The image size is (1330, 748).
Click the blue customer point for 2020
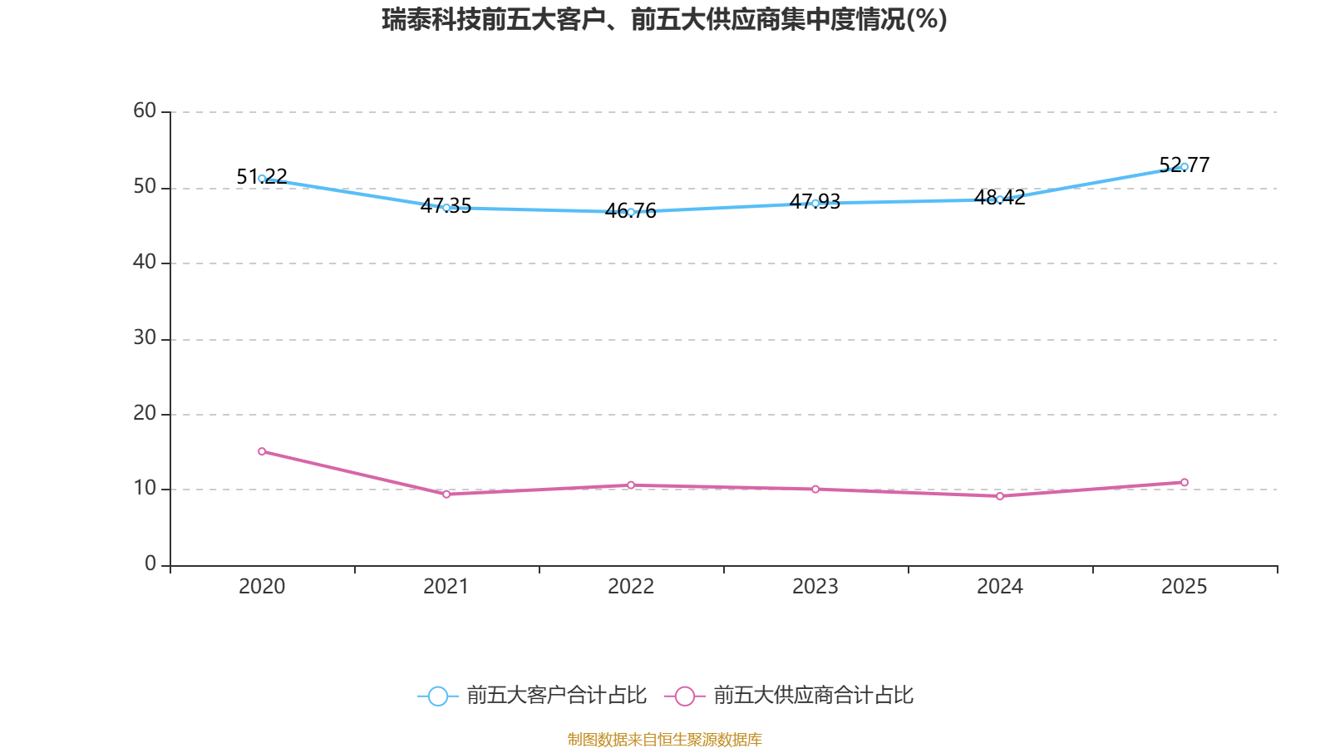tap(262, 179)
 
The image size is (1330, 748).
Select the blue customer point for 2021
tap(446, 207)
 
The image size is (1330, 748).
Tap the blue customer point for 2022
tap(631, 212)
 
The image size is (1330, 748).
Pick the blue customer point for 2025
tap(1185, 166)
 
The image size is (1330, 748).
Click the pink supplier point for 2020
tap(262, 451)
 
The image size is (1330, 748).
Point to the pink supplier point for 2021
tap(446, 494)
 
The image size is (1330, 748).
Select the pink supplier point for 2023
tap(815, 489)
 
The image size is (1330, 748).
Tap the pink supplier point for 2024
tap(1000, 495)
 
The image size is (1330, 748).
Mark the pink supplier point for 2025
tap(1185, 482)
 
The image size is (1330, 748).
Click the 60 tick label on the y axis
tap(145, 111)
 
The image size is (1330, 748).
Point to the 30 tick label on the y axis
tap(145, 337)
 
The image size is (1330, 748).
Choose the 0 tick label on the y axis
tap(150, 563)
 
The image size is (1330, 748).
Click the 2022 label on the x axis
tap(631, 587)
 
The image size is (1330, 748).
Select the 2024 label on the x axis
tap(1000, 587)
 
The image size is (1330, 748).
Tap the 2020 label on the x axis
tap(262, 587)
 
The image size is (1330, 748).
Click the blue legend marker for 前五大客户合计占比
tap(438, 696)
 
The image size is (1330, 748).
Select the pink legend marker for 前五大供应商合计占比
tap(685, 696)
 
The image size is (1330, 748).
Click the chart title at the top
tap(664, 19)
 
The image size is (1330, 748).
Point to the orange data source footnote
tap(664, 739)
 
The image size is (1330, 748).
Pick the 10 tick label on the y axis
tap(145, 488)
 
